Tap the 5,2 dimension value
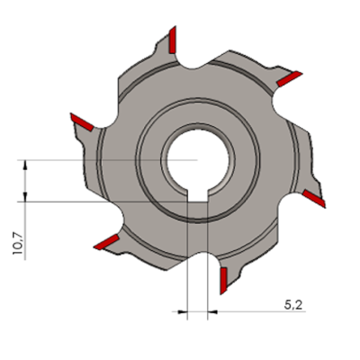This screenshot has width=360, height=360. (x=293, y=305)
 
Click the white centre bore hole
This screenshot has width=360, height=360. (x=198, y=159)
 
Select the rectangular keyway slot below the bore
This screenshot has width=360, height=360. (x=197, y=195)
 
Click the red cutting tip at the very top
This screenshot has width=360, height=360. (x=172, y=40)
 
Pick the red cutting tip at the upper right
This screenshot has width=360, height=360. (x=289, y=79)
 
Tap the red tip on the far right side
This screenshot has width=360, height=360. (x=314, y=198)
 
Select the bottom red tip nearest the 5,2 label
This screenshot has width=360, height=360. (x=223, y=281)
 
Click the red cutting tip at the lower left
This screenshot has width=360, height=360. (x=106, y=242)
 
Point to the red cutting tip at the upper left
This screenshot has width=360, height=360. (x=82, y=122)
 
